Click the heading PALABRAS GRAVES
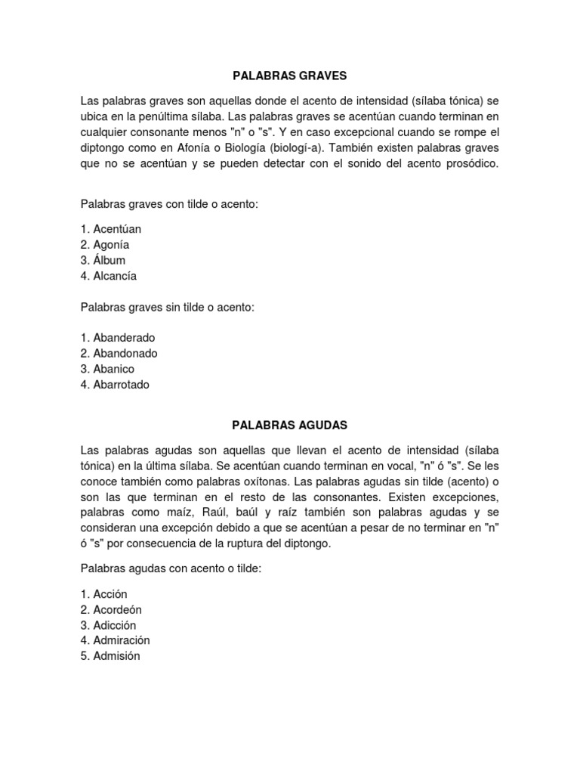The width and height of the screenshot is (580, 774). point(290,76)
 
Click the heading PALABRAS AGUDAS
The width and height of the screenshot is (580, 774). point(290,426)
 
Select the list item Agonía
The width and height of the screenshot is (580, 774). point(111,244)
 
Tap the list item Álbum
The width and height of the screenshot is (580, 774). point(109,260)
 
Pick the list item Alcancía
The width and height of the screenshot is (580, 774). point(115,276)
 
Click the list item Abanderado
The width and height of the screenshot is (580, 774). point(124,337)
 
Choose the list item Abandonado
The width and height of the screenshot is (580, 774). point(125,353)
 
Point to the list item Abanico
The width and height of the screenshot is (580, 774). point(113,369)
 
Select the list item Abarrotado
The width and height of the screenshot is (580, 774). point(122,385)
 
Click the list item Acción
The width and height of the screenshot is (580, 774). point(112,593)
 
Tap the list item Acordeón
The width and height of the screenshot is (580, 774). point(117,609)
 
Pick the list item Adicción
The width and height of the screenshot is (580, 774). point(115,625)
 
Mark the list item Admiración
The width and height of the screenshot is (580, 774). point(122,640)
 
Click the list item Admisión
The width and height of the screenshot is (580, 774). point(116,656)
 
